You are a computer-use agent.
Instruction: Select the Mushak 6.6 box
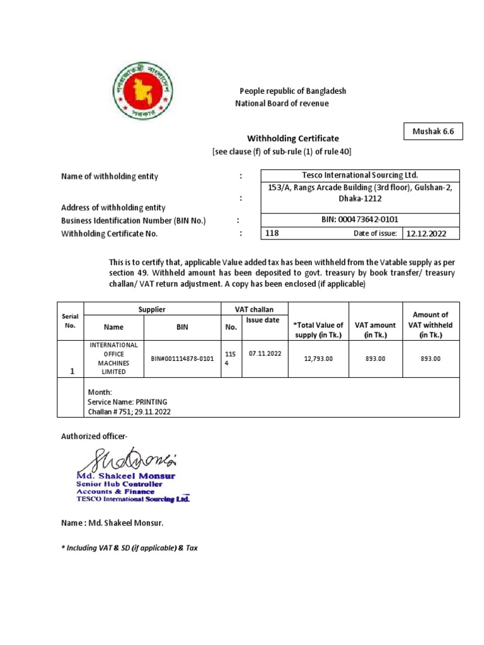[x=432, y=132]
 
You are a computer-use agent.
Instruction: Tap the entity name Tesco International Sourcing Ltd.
[x=360, y=175]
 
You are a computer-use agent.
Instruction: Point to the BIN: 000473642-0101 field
[x=360, y=219]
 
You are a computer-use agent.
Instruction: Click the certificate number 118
[x=273, y=233]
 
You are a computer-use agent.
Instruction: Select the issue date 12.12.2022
[x=429, y=233]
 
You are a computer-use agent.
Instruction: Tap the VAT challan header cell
[x=253, y=309]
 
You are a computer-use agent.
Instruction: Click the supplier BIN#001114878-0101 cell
[x=181, y=358]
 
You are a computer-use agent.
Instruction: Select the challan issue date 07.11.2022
[x=265, y=353]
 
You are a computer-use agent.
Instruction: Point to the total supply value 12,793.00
[x=318, y=358]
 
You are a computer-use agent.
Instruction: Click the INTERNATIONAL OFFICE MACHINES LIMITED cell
[x=114, y=358]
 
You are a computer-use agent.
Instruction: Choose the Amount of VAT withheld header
[x=430, y=324]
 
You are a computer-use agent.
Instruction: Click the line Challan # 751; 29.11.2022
[x=129, y=411]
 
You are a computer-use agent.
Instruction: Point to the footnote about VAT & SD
[x=129, y=548]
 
